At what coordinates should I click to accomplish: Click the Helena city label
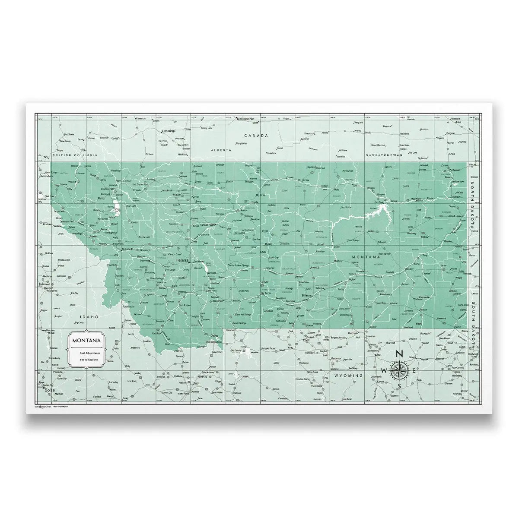pyautogui.click(x=182, y=261)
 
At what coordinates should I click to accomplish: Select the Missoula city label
pyautogui.click(x=127, y=250)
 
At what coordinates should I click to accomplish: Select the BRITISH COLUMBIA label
pyautogui.click(x=74, y=155)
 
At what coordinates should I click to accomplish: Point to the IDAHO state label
pyautogui.click(x=86, y=317)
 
